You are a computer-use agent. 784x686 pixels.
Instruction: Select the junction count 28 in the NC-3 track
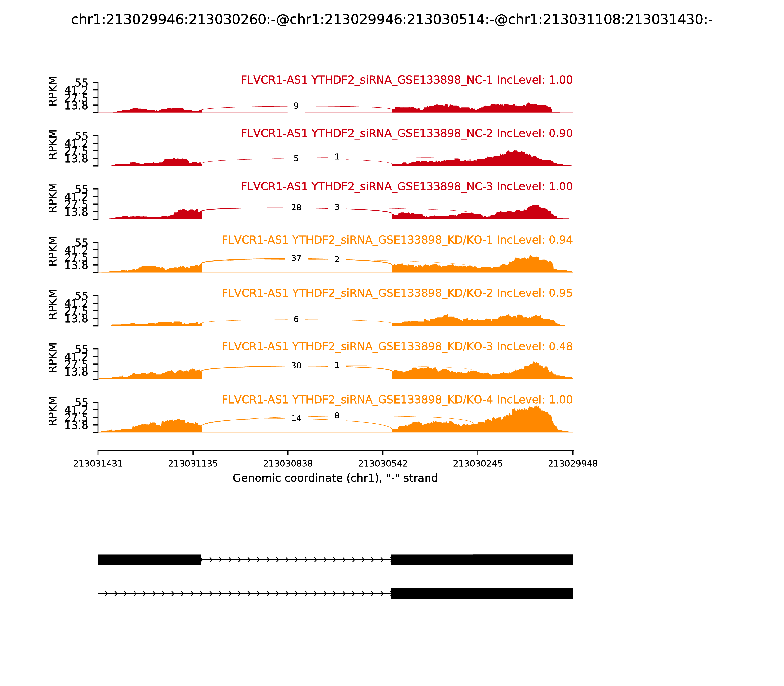point(296,208)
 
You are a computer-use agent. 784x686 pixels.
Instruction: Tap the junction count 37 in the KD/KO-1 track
point(296,258)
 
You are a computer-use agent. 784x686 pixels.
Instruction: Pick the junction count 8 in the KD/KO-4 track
point(336,416)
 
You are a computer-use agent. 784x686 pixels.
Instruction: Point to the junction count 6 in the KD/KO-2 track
point(296,319)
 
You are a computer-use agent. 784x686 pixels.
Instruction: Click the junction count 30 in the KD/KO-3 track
point(296,366)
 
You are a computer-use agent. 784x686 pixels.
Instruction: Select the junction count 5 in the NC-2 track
point(296,159)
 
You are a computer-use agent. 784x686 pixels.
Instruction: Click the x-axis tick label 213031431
point(98,464)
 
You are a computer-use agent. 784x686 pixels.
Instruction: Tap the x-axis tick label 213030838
point(288,464)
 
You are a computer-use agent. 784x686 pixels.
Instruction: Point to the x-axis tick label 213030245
point(478,464)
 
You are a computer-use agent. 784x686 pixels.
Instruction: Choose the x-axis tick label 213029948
point(573,464)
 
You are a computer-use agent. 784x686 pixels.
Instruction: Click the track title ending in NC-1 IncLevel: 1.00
point(406,80)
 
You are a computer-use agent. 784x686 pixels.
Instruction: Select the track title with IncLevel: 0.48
point(397,346)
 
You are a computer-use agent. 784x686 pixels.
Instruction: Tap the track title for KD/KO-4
point(397,400)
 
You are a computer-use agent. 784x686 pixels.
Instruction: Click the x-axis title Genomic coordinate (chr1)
point(335,478)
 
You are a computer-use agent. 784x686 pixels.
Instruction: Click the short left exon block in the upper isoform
point(149,559)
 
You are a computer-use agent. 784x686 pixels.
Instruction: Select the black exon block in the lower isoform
point(482,593)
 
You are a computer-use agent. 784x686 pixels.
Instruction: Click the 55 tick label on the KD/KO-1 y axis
point(81,243)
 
